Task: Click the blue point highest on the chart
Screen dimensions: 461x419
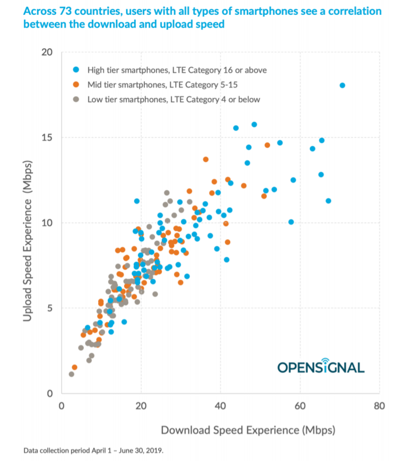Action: (342, 85)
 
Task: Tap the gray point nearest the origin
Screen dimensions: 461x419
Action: (72, 374)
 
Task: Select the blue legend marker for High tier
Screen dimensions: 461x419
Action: (77, 69)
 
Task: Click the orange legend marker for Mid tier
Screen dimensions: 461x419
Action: (77, 84)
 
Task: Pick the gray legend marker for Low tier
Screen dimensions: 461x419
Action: (77, 99)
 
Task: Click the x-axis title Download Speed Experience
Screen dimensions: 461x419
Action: (248, 430)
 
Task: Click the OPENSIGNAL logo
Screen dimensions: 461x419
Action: (320, 367)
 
